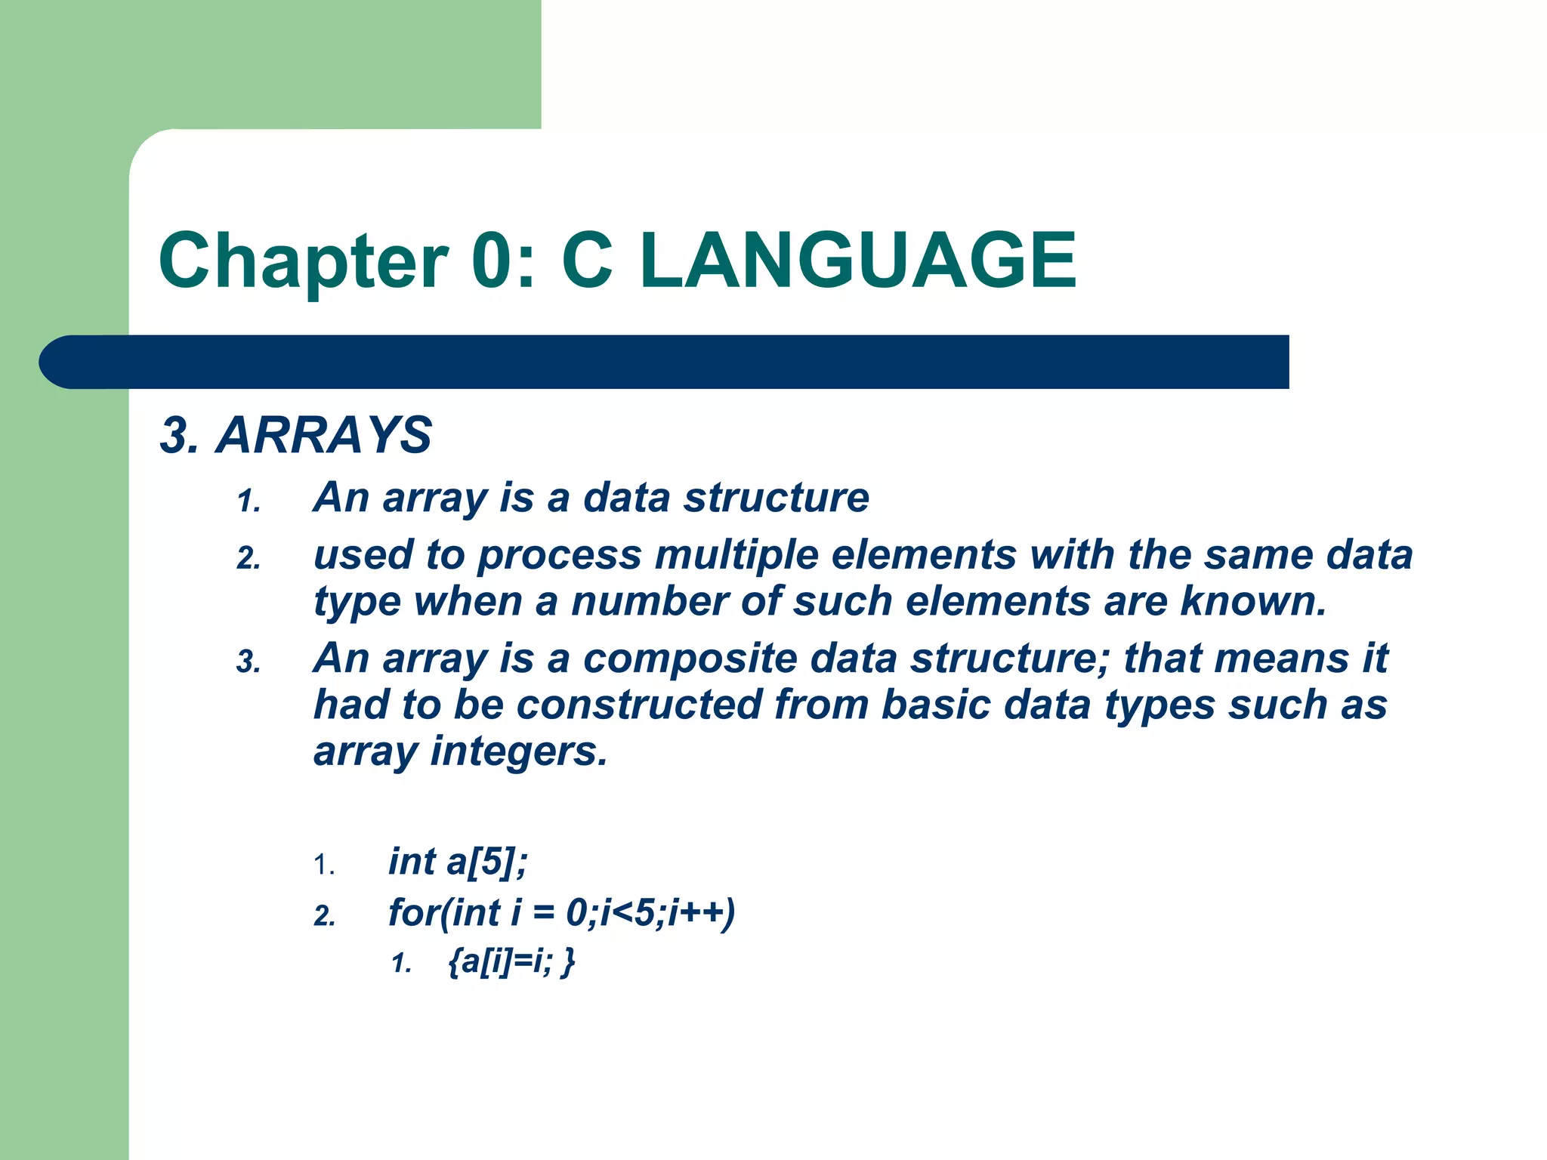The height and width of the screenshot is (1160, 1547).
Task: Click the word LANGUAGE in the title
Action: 858,261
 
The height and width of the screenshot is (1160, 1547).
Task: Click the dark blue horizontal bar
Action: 665,362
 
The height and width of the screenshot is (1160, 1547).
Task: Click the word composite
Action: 690,658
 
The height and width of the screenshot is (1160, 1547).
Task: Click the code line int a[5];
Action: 457,862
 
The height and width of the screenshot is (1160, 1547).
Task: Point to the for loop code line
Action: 560,913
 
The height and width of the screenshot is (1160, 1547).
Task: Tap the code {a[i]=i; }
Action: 511,961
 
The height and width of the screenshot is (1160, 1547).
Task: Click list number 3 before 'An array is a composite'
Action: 249,662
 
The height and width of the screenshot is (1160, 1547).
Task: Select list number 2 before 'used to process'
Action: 249,559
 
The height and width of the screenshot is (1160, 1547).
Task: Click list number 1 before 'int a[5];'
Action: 324,865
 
